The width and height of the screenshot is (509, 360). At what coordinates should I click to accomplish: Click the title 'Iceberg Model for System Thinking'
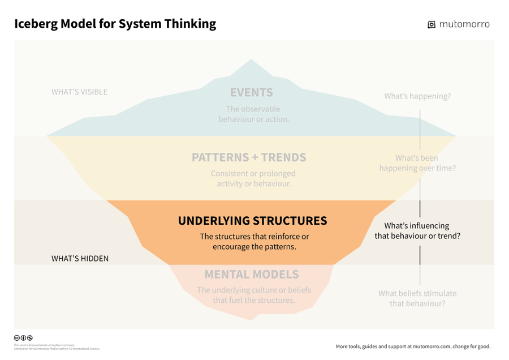115,24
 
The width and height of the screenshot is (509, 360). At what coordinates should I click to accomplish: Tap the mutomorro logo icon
432,24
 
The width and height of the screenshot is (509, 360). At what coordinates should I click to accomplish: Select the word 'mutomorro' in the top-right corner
464,24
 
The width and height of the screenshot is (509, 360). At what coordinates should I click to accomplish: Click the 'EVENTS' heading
251,92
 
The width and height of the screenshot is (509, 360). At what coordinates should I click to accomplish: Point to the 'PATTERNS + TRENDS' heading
249,157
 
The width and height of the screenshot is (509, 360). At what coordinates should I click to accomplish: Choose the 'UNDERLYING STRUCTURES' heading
252,221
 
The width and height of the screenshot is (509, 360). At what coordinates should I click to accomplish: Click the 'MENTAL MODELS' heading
251,275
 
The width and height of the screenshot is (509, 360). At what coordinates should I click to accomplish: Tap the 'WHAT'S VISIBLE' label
79,92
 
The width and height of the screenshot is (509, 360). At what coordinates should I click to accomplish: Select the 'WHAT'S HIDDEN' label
80,259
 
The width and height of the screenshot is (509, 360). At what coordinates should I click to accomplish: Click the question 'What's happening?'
417,96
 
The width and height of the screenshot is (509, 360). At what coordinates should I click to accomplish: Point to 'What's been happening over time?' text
417,163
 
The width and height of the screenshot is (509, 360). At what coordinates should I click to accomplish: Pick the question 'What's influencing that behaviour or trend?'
417,230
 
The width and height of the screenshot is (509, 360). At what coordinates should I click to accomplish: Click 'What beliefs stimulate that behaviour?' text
417,298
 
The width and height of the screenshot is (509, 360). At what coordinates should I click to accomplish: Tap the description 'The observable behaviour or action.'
253,114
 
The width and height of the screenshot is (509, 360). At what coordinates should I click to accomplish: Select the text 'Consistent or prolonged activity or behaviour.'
253,178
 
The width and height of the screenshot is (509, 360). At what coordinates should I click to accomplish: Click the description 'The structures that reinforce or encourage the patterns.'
254,242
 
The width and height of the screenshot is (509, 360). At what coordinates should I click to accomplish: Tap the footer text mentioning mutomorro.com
413,346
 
